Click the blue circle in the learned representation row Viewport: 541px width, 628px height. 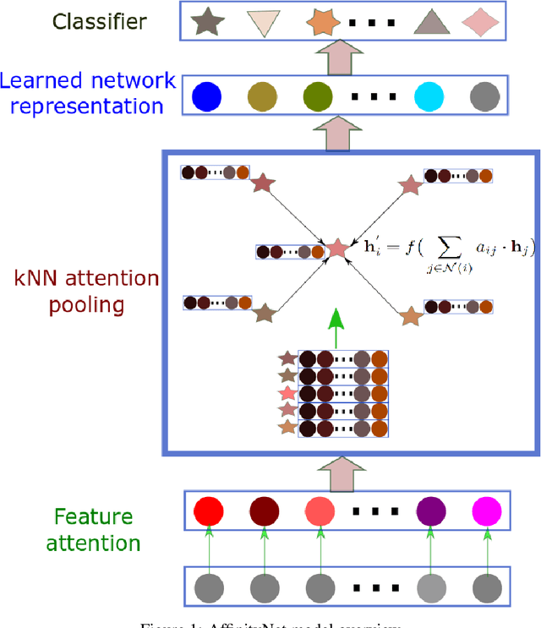205,95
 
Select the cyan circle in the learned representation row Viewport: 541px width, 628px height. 428,95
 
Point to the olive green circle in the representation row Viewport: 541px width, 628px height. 317,95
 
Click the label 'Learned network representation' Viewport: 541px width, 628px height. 88,93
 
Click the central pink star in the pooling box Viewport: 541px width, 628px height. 337,248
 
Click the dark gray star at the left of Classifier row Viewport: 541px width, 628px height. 204,22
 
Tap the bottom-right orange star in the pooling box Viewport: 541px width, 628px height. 410,316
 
